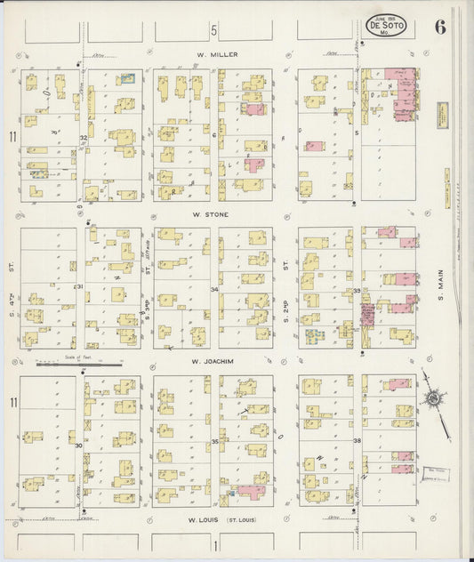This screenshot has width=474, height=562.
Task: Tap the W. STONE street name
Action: tap(213, 214)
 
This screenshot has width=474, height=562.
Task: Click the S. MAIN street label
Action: tap(440, 307)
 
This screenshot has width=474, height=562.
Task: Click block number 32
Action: tap(82, 138)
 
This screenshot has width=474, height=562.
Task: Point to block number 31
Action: tap(79, 286)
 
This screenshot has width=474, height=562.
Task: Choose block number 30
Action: tap(78, 444)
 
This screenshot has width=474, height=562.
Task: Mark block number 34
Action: tap(214, 289)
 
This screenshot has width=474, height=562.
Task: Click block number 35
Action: tap(214, 441)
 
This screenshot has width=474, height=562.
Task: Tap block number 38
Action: tap(357, 441)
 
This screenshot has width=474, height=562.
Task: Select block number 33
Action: tap(357, 291)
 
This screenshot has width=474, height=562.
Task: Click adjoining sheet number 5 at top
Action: tap(213, 30)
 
